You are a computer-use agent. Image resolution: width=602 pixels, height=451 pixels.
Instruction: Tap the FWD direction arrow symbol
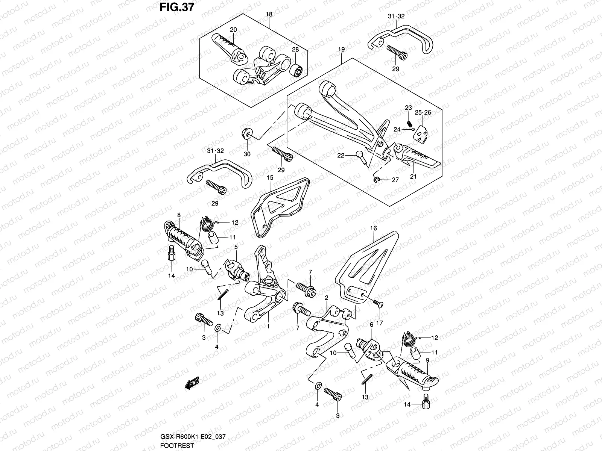coord(192,383)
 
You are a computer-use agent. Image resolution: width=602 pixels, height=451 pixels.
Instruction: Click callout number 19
coord(341,49)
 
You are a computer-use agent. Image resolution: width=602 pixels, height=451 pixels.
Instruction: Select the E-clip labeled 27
coord(377,180)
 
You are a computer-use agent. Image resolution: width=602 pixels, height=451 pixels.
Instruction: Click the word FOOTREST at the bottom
coord(177,446)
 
